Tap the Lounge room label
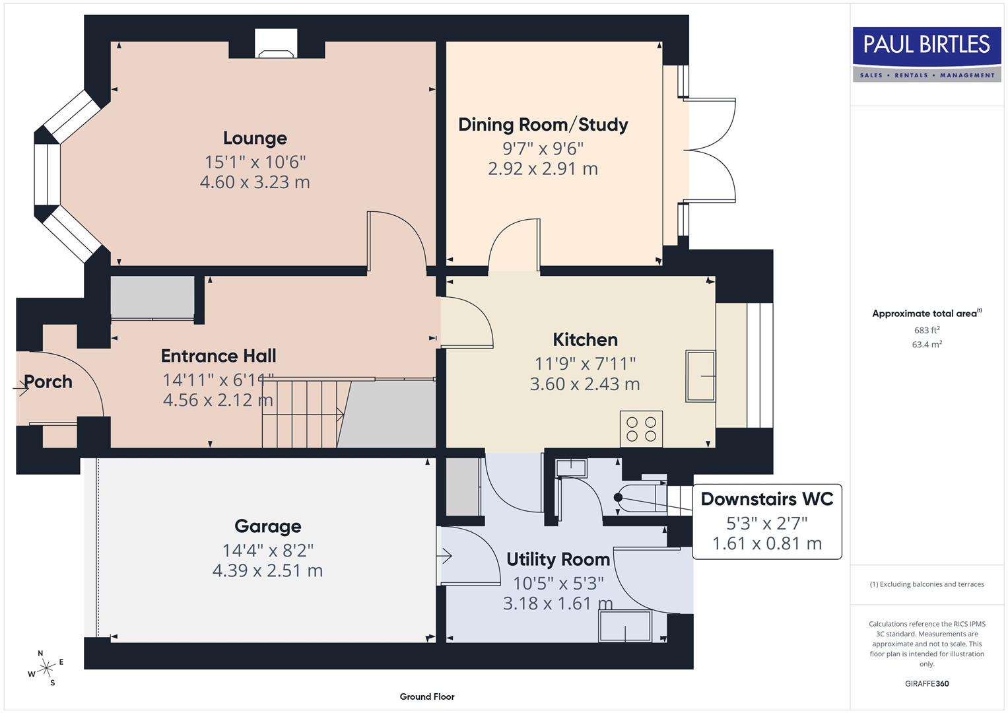pos(255,138)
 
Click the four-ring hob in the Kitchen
pos(641,429)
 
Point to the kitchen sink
pos(700,376)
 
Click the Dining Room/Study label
pos(543,125)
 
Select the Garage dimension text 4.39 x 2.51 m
pos(267,570)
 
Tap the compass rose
pos(46,668)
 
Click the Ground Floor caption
pos(427,696)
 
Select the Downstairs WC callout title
pos(766,499)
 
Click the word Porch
pos(48,382)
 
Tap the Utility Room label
pos(558,559)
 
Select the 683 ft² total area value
pos(926,330)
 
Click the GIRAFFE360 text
pos(926,683)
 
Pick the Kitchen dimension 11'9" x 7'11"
pos(585,363)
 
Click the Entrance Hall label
pos(218,356)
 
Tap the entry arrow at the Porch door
pos(21,390)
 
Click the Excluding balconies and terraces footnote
pos(926,584)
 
